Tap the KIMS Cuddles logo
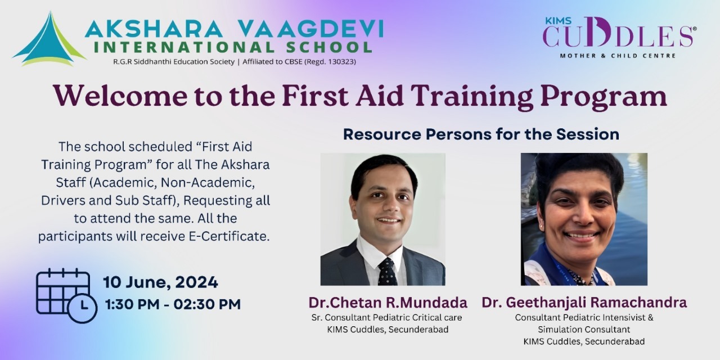point(619,37)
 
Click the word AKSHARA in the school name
point(154,29)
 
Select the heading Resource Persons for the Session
point(481,134)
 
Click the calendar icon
point(66,295)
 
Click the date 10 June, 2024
point(160,282)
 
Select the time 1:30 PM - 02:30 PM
point(173,304)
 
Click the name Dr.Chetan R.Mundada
point(388,303)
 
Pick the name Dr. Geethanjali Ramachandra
point(584,303)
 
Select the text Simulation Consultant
point(584,330)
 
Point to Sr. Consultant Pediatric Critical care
point(386,318)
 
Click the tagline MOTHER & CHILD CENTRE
point(618,56)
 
